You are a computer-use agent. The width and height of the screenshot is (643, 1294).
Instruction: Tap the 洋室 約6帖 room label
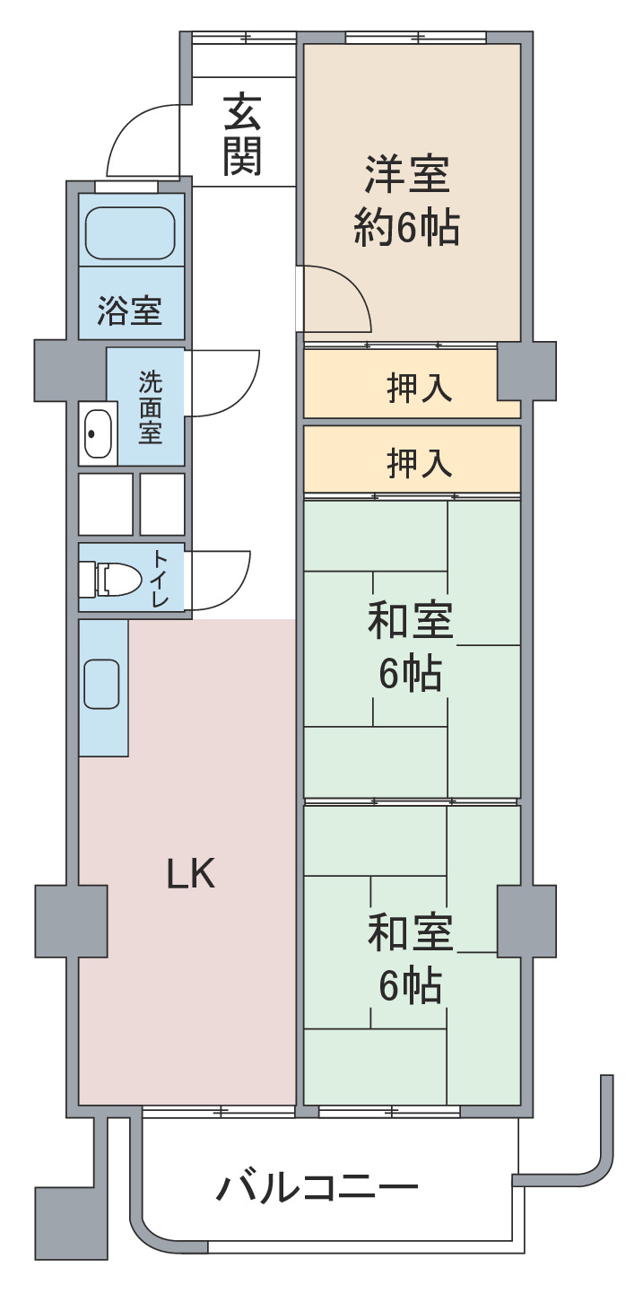407,199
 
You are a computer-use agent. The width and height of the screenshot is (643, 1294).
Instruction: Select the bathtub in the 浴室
130,232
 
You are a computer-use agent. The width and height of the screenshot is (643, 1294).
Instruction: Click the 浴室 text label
130,310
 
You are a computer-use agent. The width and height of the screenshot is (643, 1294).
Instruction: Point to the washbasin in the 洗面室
98,433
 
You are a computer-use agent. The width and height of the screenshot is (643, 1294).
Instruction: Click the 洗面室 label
150,407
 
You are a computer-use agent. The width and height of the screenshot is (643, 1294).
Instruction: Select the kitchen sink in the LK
101,684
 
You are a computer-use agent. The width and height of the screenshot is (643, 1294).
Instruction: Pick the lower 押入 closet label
419,463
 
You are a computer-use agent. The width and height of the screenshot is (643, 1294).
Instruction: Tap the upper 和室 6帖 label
411,646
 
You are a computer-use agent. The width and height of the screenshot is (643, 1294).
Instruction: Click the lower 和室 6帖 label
411,958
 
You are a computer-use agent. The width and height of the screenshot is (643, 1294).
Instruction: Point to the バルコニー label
317,1188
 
